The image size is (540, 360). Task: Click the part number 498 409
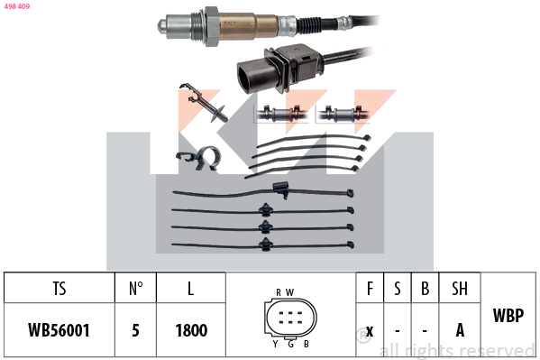(x=17, y=6)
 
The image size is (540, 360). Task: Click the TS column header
(x=59, y=289)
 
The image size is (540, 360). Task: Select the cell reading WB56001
(x=59, y=330)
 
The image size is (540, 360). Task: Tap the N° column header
(x=136, y=289)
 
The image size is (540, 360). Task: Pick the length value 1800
(x=191, y=330)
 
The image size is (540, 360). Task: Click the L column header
(x=191, y=289)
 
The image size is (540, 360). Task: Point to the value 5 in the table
(x=136, y=330)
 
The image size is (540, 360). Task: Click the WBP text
(x=508, y=315)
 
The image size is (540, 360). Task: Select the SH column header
(x=460, y=289)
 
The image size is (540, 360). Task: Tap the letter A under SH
(x=460, y=330)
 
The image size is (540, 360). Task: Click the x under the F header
(x=370, y=331)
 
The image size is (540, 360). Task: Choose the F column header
(x=370, y=289)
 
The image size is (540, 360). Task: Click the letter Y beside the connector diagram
(x=275, y=344)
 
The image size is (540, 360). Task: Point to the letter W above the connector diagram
(x=289, y=292)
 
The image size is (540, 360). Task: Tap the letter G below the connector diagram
(x=290, y=344)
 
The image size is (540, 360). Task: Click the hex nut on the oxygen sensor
(x=212, y=26)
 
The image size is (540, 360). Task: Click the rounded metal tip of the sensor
(x=162, y=26)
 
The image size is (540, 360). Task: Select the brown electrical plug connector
(x=279, y=68)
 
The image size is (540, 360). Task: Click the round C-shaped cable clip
(x=209, y=158)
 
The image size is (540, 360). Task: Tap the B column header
(x=425, y=289)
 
